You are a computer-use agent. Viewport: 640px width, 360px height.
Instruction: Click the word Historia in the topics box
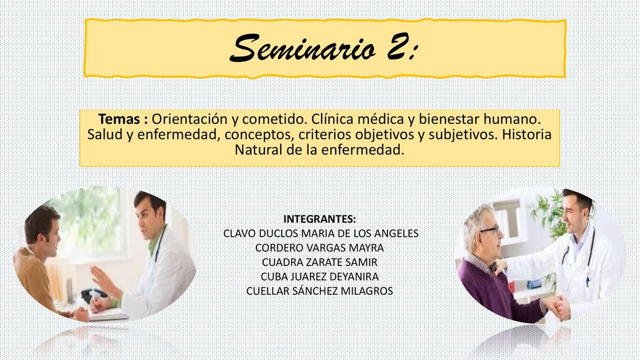[527, 135]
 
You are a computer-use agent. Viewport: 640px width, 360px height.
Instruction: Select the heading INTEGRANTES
[319, 219]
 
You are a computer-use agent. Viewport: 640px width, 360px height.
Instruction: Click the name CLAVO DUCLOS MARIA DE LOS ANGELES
[321, 233]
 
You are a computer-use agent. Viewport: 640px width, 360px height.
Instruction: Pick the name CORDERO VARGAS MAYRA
[319, 247]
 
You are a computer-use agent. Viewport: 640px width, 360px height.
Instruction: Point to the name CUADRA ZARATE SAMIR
[319, 262]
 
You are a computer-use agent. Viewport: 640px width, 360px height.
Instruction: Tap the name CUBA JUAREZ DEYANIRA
[319, 277]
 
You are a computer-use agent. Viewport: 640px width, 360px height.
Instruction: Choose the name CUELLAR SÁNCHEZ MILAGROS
[319, 291]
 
